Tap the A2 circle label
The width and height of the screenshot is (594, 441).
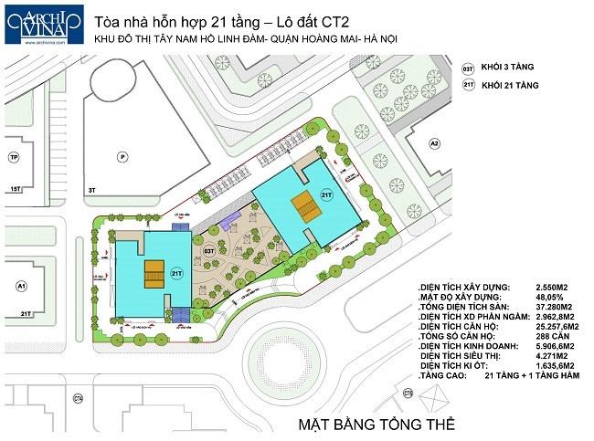(435, 143)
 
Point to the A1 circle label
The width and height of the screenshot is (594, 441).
(20, 286)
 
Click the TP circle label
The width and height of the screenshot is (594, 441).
(14, 156)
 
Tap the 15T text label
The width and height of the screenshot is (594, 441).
(14, 189)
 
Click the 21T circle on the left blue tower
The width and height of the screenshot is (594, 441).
(177, 274)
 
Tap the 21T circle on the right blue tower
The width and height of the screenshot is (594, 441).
(327, 194)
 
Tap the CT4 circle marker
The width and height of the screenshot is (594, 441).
(79, 397)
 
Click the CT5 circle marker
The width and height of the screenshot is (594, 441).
(408, 393)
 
